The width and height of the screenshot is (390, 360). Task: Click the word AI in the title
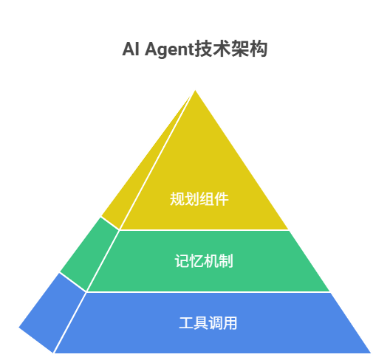[131, 49]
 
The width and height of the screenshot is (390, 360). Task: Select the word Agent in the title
[169, 49]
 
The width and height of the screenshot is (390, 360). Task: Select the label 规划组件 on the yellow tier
[199, 198]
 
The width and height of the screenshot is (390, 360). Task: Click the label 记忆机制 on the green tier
[204, 261]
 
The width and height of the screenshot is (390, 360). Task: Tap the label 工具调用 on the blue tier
[208, 322]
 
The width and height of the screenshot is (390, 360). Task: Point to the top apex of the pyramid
[195, 90]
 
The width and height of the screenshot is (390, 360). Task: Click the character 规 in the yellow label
[177, 198]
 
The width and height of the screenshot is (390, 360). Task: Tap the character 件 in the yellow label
[222, 198]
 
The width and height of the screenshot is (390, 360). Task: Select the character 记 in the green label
[182, 261]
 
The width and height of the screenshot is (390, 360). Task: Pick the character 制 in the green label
[226, 261]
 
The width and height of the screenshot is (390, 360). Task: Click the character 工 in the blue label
[186, 322]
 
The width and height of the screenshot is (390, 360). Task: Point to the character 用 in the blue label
[230, 322]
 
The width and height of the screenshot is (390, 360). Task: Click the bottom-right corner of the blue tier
[371, 353]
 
